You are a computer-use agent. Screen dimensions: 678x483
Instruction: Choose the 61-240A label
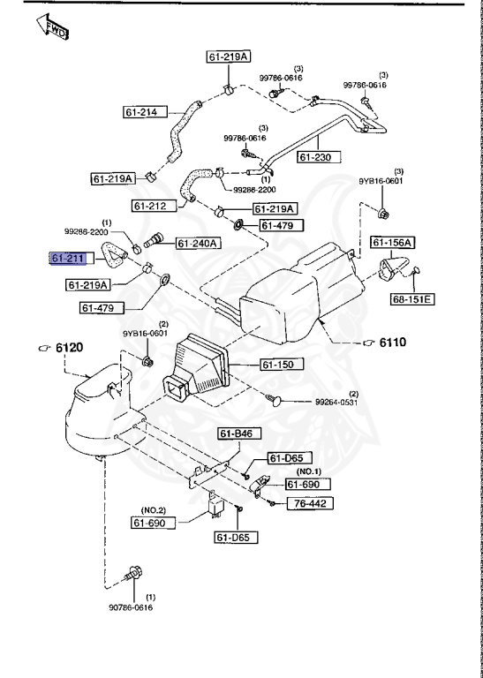click(x=199, y=244)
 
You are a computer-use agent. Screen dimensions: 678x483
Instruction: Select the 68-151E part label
click(x=412, y=299)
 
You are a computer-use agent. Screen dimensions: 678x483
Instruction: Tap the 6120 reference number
click(x=70, y=348)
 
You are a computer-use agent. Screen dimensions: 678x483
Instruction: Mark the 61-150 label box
click(x=282, y=364)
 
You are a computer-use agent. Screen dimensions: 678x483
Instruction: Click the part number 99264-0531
click(x=337, y=402)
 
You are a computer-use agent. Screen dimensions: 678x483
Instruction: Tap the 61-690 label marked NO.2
click(x=155, y=523)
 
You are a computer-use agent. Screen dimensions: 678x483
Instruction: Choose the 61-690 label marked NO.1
click(x=306, y=485)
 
